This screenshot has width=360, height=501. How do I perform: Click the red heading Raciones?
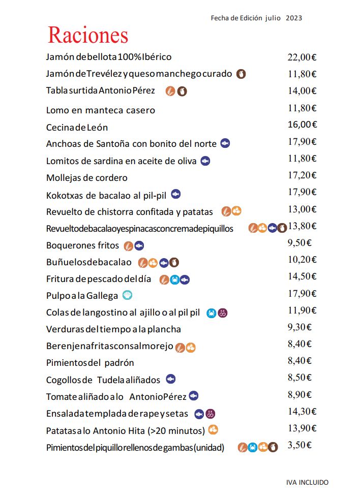pyautogui.click(x=88, y=35)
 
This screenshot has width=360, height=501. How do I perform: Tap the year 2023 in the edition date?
pyautogui.click(x=294, y=18)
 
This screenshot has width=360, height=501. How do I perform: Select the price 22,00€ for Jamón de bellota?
pyautogui.click(x=302, y=57)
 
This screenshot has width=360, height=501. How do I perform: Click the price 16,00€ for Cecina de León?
pyautogui.click(x=302, y=124)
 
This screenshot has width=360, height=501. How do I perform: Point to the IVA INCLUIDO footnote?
pyautogui.click(x=307, y=482)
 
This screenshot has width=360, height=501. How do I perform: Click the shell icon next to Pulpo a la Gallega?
pyautogui.click(x=128, y=295)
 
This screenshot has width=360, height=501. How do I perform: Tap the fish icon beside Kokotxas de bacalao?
pyautogui.click(x=176, y=194)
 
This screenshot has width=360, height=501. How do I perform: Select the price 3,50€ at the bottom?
pyautogui.click(x=299, y=445)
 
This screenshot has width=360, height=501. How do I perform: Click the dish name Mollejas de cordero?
pyautogui.click(x=86, y=178)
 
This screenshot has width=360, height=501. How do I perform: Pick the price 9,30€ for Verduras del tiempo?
pyautogui.click(x=299, y=327)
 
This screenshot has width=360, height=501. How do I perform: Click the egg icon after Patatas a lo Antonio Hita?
pyautogui.click(x=213, y=429)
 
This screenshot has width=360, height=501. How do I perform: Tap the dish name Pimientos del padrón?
pyautogui.click(x=90, y=363)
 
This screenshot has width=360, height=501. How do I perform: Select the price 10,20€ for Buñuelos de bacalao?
pyautogui.click(x=302, y=259)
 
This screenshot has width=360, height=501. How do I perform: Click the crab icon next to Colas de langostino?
pyautogui.click(x=212, y=313)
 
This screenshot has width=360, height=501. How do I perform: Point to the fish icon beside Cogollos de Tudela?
pyautogui.click(x=171, y=379)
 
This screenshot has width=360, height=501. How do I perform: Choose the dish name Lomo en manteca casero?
pyautogui.click(x=100, y=110)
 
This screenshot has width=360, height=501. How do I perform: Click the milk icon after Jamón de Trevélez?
pyautogui.click(x=241, y=74)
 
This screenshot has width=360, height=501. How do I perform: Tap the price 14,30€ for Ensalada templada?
pyautogui.click(x=302, y=411)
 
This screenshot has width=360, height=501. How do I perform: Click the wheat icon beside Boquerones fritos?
pyautogui.click(x=129, y=246)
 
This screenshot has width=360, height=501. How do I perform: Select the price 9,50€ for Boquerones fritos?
pyautogui.click(x=299, y=242)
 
